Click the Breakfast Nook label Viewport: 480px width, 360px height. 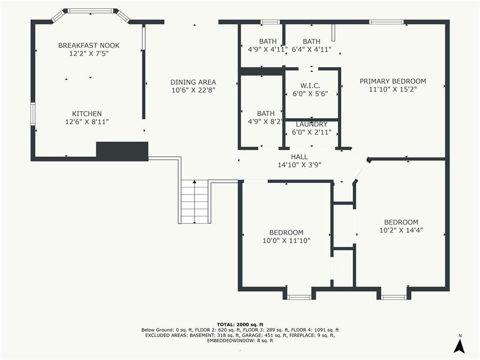pos(89,45)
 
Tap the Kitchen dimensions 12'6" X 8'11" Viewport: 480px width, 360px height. pos(87,122)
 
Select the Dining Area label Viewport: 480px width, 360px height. pos(193,82)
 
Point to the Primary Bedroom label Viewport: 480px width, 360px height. pos(393,81)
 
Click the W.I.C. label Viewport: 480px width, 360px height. pos(310,86)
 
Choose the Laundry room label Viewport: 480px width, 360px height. pos(312,124)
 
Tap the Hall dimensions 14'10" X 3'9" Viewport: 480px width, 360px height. pos(300,165)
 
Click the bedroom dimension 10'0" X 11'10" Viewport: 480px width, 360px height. pos(286,240)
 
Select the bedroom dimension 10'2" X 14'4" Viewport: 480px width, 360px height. pos(401,230)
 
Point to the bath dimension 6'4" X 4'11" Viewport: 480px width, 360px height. pos(312,49)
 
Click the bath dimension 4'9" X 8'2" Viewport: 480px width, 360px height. pos(265,121)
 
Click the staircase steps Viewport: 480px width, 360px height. pos(195,202)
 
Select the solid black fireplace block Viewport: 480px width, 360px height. pos(122,150)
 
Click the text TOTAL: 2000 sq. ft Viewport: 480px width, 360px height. pos(240,324)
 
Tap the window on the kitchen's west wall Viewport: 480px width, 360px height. pos(33,114)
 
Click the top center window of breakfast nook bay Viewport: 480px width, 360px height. pos(90,11)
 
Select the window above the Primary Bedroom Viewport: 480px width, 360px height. pos(386,22)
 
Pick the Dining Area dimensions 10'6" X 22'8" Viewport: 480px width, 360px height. pos(193,90)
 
